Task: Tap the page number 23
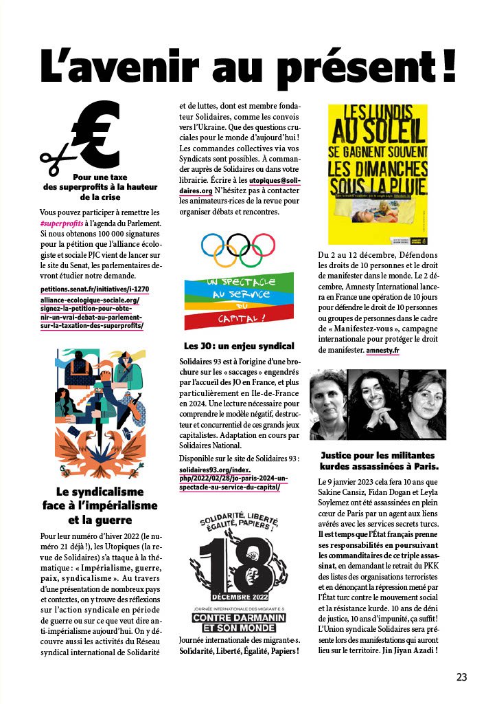coord(461,676)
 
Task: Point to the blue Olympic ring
coord(213,245)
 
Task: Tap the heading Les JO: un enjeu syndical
coord(238,346)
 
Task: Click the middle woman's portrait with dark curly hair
coord(377,406)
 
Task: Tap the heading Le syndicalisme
coord(100,492)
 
